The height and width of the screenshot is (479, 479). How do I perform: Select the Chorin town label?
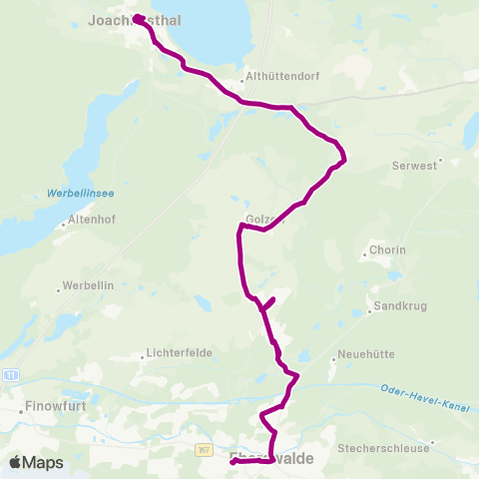[387, 248]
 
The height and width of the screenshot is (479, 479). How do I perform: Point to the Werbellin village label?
[90, 286]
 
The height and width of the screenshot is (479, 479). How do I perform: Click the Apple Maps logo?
[36, 462]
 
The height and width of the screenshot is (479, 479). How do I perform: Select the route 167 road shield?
[203, 450]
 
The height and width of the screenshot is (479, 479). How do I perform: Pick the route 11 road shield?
[11, 374]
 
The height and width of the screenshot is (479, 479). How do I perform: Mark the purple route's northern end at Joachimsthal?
[136, 17]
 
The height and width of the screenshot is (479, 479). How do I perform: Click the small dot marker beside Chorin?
[365, 255]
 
